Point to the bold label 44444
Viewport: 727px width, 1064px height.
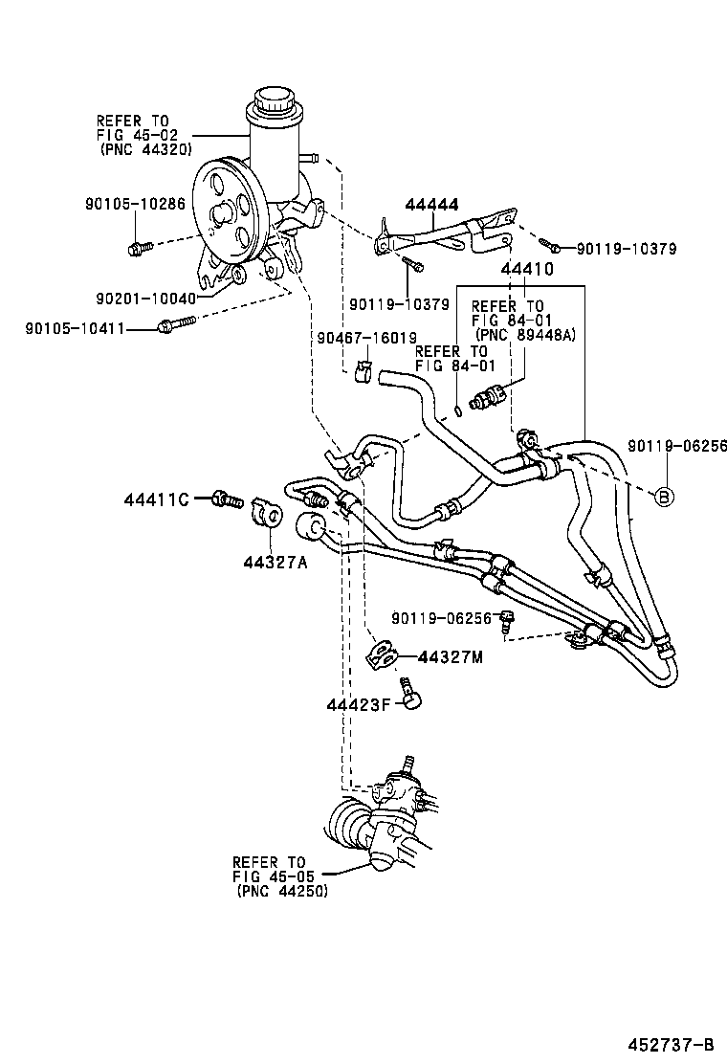coord(431,205)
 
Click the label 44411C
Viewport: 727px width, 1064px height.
coord(158,499)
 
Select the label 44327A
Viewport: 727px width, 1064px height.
coord(275,563)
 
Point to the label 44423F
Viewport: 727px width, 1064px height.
coord(359,705)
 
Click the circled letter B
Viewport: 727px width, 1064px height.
coord(664,496)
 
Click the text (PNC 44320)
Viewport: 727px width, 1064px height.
coord(144,149)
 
